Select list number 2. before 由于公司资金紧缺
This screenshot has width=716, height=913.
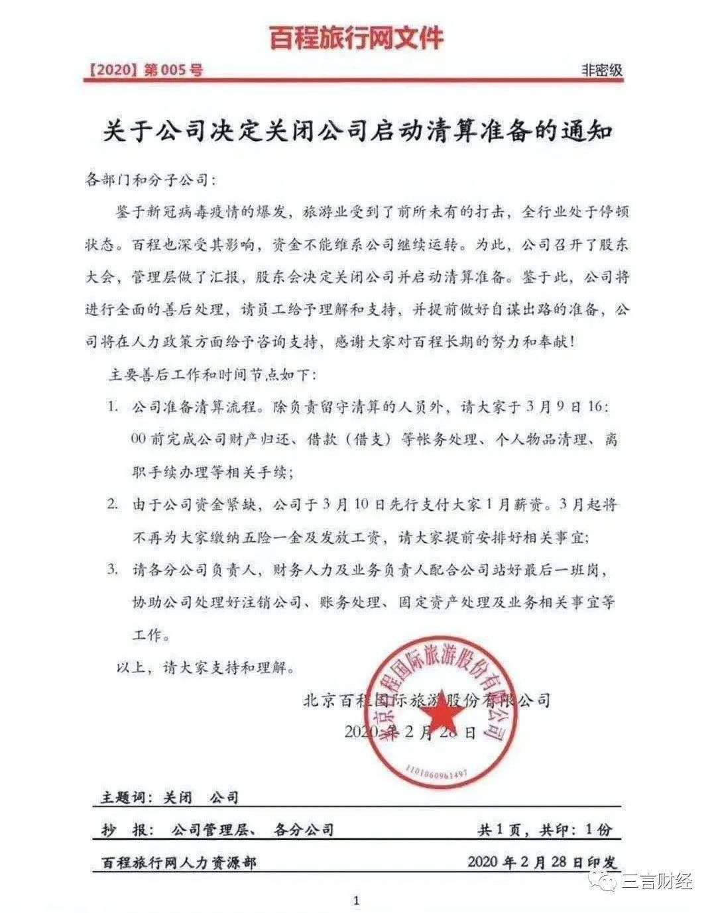tap(114, 504)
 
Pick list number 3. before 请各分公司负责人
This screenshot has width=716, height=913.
tap(114, 570)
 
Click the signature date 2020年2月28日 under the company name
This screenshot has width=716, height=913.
tap(410, 731)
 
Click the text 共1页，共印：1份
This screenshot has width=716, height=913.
tap(545, 829)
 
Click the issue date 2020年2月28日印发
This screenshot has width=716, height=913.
tap(542, 862)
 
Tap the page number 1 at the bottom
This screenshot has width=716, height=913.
tap(357, 900)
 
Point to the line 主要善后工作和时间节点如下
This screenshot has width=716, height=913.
tap(213, 374)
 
